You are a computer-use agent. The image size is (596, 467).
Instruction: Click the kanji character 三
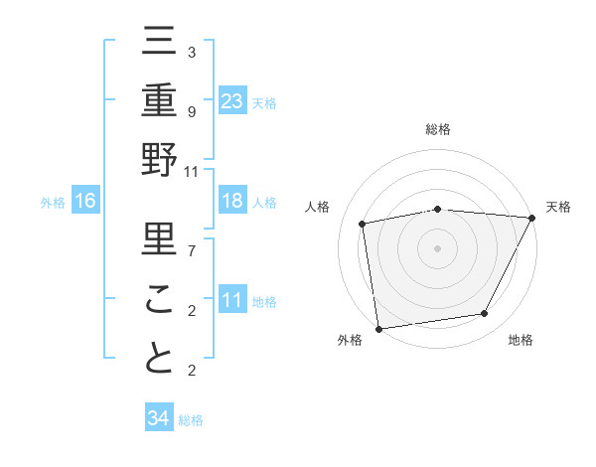coord(159,44)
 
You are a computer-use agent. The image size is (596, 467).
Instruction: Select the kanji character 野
coord(159,159)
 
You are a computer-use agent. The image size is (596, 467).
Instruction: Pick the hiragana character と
coord(159,358)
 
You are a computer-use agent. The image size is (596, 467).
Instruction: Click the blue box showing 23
coord(232,100)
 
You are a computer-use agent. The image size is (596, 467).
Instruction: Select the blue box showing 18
coord(232,202)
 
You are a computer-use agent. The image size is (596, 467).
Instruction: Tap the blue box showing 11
coord(232,301)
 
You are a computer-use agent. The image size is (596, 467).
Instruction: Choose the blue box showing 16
coord(85,202)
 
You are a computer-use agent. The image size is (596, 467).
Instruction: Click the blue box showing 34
coord(158,418)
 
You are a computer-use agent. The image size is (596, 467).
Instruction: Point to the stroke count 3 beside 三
coord(191,52)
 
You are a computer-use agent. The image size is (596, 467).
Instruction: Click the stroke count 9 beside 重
coord(191,111)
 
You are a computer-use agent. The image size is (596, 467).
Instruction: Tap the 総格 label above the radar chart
coord(438,129)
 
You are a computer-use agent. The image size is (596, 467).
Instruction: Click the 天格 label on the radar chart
coord(558,207)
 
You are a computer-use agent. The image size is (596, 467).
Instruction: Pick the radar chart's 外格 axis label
coord(349,340)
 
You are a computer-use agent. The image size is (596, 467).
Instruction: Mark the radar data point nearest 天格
coord(531,218)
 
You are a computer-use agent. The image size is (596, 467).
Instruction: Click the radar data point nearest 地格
coord(485,314)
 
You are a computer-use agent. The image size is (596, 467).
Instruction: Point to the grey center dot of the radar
coord(438,247)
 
